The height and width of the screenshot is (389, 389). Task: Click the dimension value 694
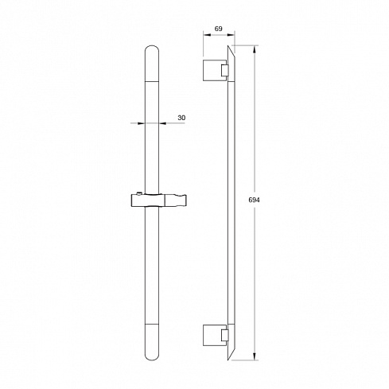(254, 200)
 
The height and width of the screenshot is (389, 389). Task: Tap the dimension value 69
(218, 29)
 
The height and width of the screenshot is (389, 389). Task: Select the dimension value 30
(181, 118)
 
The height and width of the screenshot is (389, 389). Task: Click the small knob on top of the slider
(138, 193)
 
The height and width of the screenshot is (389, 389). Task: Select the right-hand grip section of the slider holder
(177, 200)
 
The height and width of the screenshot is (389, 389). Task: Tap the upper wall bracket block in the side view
(212, 70)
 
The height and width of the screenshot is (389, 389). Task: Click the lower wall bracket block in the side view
(212, 336)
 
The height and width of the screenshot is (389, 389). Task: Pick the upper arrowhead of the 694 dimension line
(255, 49)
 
